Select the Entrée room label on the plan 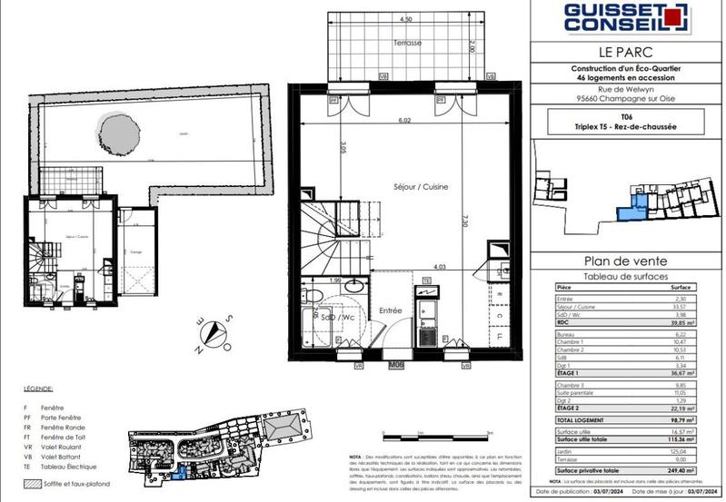coord(391,310)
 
